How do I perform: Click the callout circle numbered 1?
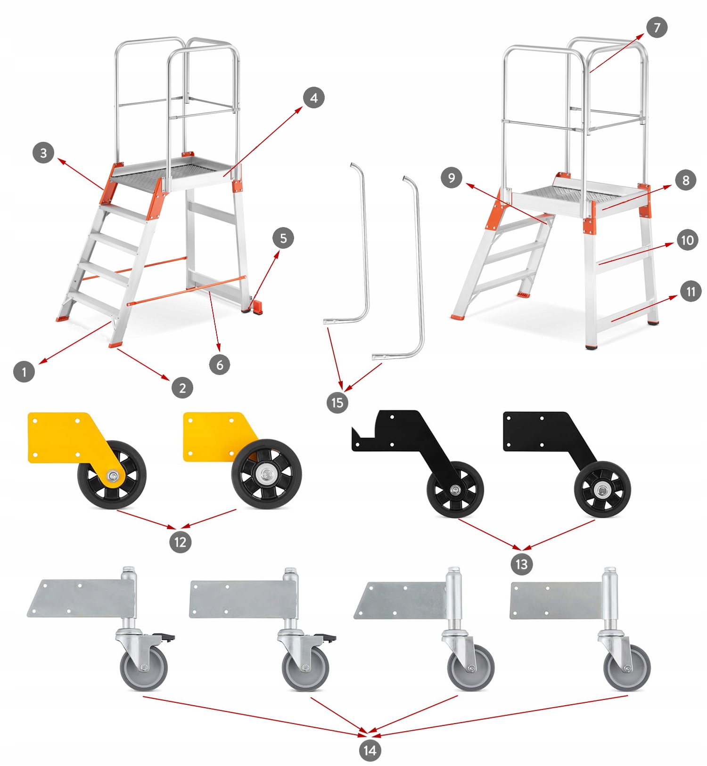click(24, 372)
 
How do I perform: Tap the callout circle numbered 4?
click(314, 98)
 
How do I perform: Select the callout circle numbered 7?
click(657, 28)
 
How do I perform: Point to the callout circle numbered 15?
click(337, 403)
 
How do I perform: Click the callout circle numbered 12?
click(181, 542)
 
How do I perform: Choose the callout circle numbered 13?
click(522, 564)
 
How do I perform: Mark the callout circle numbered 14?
click(370, 750)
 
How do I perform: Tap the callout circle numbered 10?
click(687, 240)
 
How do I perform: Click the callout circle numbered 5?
click(283, 238)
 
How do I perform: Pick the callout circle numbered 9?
click(452, 178)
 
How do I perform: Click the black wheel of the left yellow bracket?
click(112, 475)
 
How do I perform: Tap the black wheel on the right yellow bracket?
click(267, 474)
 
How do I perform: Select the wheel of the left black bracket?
click(455, 490)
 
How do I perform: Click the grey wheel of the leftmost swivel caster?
click(144, 668)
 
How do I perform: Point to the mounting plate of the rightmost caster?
click(556, 600)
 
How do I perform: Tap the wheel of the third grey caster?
click(471, 668)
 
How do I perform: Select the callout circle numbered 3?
click(43, 153)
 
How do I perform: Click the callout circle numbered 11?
click(691, 291)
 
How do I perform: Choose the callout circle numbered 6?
click(220, 365)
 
